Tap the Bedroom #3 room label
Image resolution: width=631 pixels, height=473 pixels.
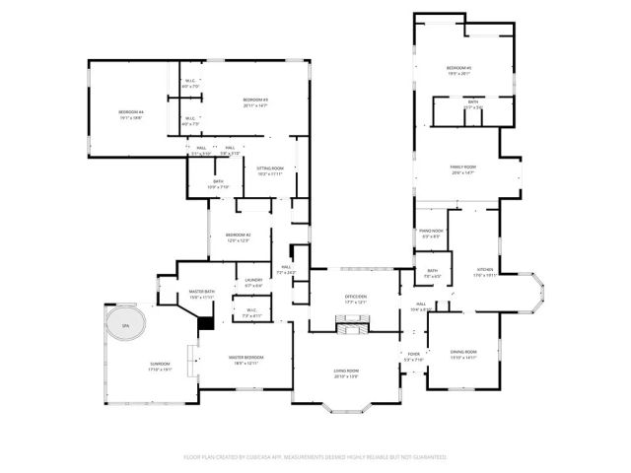point(256,102)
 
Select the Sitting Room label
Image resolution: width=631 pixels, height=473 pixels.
point(270,171)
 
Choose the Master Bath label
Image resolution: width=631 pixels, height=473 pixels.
point(202,294)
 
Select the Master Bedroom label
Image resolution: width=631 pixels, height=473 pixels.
point(245,361)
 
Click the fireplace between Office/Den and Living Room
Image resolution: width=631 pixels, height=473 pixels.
point(353,323)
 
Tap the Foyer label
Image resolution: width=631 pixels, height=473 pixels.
point(413,357)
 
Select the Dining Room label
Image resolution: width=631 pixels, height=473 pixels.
point(463,355)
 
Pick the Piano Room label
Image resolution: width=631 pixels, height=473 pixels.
point(432,234)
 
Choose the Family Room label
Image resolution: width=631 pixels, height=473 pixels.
point(463,169)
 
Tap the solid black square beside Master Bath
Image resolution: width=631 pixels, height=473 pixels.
point(206,323)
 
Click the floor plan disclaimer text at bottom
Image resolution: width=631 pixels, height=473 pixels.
point(315,457)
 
